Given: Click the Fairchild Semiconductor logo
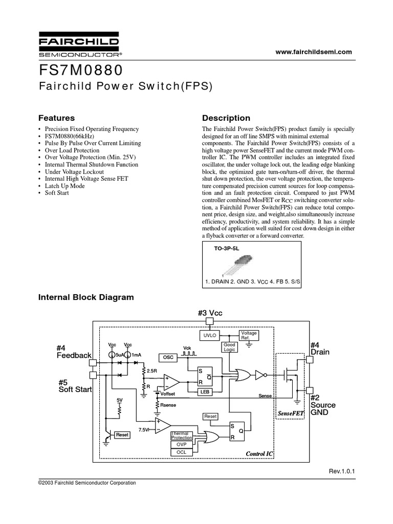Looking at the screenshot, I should (x=79, y=45).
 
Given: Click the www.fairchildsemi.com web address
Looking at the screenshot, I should (x=315, y=52).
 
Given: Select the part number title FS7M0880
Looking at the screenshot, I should (x=80, y=69).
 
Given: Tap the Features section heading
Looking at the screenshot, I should (x=57, y=118).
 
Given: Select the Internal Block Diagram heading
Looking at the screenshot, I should (x=86, y=297).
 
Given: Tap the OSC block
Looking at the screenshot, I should (x=168, y=357).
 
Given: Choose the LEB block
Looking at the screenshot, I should (x=205, y=391).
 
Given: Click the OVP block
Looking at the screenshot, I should (x=181, y=445).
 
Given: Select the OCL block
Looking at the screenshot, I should (x=181, y=452).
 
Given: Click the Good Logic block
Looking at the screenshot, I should (x=229, y=347).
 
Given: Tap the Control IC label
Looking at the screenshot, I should (x=260, y=454).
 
